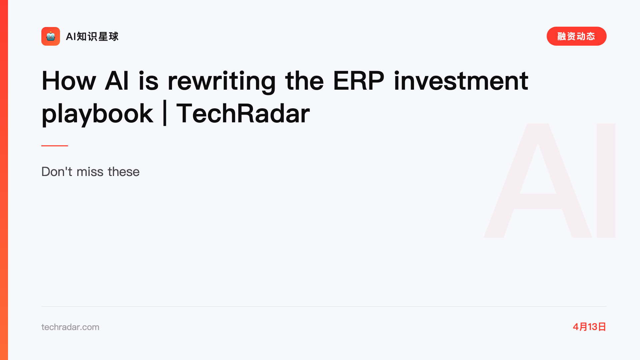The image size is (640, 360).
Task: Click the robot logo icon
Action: coord(51,36)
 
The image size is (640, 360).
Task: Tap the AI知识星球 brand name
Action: coord(92,36)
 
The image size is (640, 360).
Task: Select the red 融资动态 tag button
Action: coord(576,36)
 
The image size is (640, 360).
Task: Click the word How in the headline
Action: coord(69,81)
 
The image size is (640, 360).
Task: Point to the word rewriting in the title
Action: coord(222,81)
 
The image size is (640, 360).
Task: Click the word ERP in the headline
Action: coord(359,81)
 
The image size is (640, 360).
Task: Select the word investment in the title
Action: coord(461,81)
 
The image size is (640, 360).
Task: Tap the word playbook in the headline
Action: coord(97,114)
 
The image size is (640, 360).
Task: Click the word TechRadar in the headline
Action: coord(243,114)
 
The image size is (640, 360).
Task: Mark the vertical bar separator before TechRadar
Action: coord(165,113)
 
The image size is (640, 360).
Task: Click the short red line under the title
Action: coord(55,146)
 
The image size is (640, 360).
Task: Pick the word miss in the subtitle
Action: coord(90,172)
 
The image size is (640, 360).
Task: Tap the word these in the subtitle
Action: coord(124,172)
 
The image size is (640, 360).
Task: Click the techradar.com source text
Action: coord(70,327)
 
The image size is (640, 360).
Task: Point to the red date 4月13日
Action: coord(589,327)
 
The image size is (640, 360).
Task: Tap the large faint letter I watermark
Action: coord(606,180)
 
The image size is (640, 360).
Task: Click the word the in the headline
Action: coord(304,81)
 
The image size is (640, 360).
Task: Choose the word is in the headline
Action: coord(148,81)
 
